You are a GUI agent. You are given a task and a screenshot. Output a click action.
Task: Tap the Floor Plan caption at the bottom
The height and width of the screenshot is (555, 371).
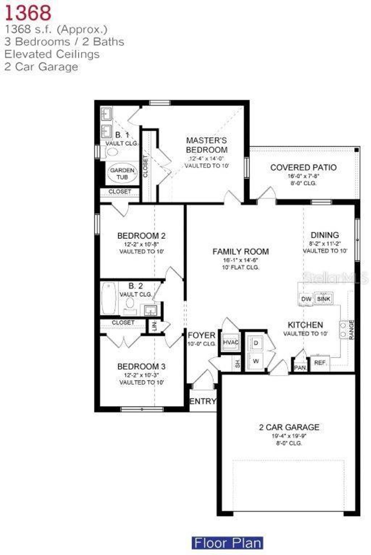(x=227, y=543)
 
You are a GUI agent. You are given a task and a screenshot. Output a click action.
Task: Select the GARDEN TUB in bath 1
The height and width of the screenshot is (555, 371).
(x=122, y=174)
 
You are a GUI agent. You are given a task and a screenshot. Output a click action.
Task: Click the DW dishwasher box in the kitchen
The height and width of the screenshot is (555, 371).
(x=306, y=299)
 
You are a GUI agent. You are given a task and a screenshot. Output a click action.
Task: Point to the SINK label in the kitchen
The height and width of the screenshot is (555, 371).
(x=324, y=299)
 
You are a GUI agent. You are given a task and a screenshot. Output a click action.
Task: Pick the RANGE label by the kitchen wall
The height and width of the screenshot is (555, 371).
(x=351, y=329)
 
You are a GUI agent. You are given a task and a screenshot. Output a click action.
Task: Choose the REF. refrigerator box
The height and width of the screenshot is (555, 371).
(x=320, y=362)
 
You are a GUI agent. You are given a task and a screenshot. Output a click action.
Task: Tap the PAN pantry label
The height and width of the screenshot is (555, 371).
(x=300, y=367)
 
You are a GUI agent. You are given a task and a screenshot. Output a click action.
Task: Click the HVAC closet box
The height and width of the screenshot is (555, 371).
(x=231, y=342)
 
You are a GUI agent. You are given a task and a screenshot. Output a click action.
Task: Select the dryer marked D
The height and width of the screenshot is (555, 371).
(x=256, y=343)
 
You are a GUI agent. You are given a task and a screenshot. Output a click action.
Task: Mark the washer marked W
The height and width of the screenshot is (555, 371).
(x=256, y=361)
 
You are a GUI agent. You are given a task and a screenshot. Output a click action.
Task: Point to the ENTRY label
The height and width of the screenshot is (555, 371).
(x=203, y=401)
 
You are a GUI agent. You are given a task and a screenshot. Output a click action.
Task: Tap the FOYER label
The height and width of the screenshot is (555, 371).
(x=201, y=335)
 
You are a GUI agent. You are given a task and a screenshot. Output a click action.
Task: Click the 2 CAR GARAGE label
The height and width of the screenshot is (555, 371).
(x=289, y=427)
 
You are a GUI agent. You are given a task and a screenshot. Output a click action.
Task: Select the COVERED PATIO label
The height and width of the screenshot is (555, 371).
(x=303, y=168)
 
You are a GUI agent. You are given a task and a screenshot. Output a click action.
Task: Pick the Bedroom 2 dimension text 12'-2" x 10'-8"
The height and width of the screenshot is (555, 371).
(x=141, y=244)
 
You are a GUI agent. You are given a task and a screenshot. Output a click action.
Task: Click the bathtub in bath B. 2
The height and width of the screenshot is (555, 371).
(x=108, y=298)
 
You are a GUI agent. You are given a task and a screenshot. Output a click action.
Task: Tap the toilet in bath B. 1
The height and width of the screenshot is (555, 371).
(x=112, y=152)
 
